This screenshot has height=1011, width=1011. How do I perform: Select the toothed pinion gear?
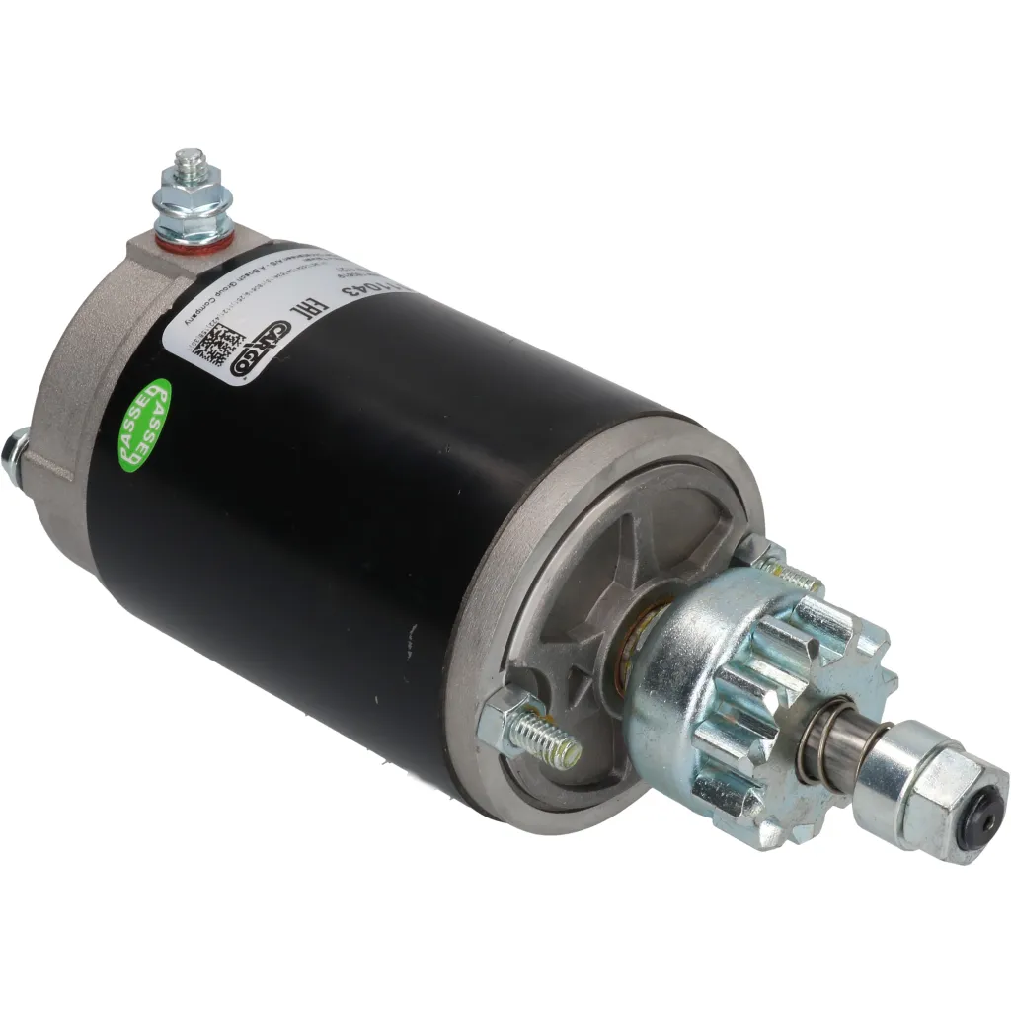click(760, 691)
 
